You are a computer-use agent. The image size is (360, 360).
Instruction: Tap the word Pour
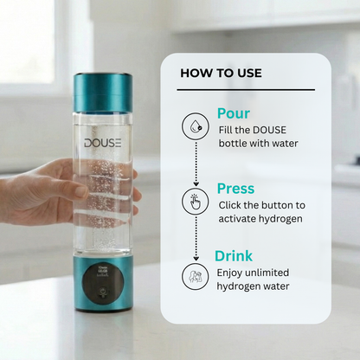click(x=234, y=114)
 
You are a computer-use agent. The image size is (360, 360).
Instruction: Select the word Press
click(x=236, y=188)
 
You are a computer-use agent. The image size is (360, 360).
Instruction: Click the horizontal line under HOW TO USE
click(x=247, y=90)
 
